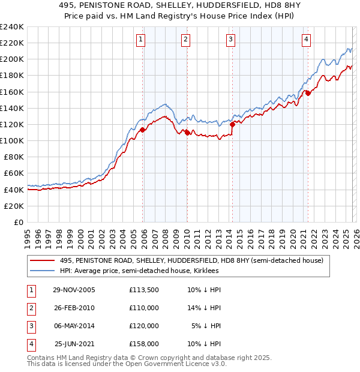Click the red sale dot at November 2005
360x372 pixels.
[142, 130]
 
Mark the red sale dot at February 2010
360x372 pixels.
[187, 133]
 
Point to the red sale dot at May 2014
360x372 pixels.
[232, 124]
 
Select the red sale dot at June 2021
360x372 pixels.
[308, 93]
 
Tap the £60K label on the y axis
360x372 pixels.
[14, 173]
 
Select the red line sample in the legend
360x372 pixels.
[43, 260]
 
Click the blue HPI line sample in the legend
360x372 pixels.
[43, 271]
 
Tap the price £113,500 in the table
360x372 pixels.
[143, 290]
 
